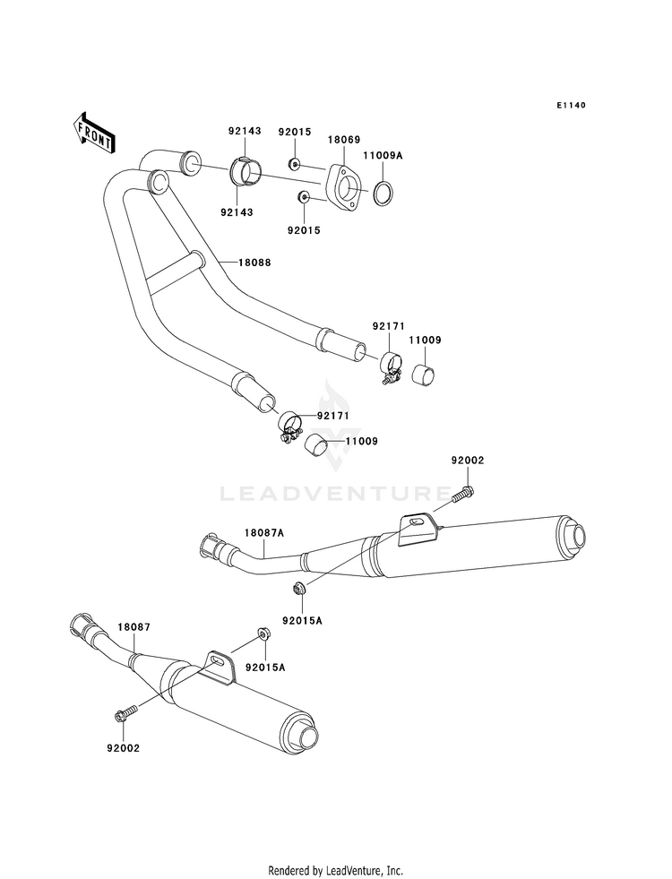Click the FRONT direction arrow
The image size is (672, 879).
pos(93,132)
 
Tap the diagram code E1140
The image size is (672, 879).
pos(571,105)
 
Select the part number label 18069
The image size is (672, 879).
pos(345,140)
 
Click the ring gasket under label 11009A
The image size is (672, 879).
pos(383,193)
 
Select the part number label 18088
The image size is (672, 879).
pos(254,262)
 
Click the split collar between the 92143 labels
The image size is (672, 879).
pos(246,171)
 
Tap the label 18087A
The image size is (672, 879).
pos(264,533)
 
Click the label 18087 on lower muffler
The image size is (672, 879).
pos(134,627)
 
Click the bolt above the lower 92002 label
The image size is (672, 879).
pos(125,713)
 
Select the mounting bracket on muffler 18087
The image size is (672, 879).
pos(220,668)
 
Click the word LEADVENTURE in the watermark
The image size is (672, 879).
pos(335,494)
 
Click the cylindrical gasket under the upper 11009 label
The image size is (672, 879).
pos(425,374)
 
